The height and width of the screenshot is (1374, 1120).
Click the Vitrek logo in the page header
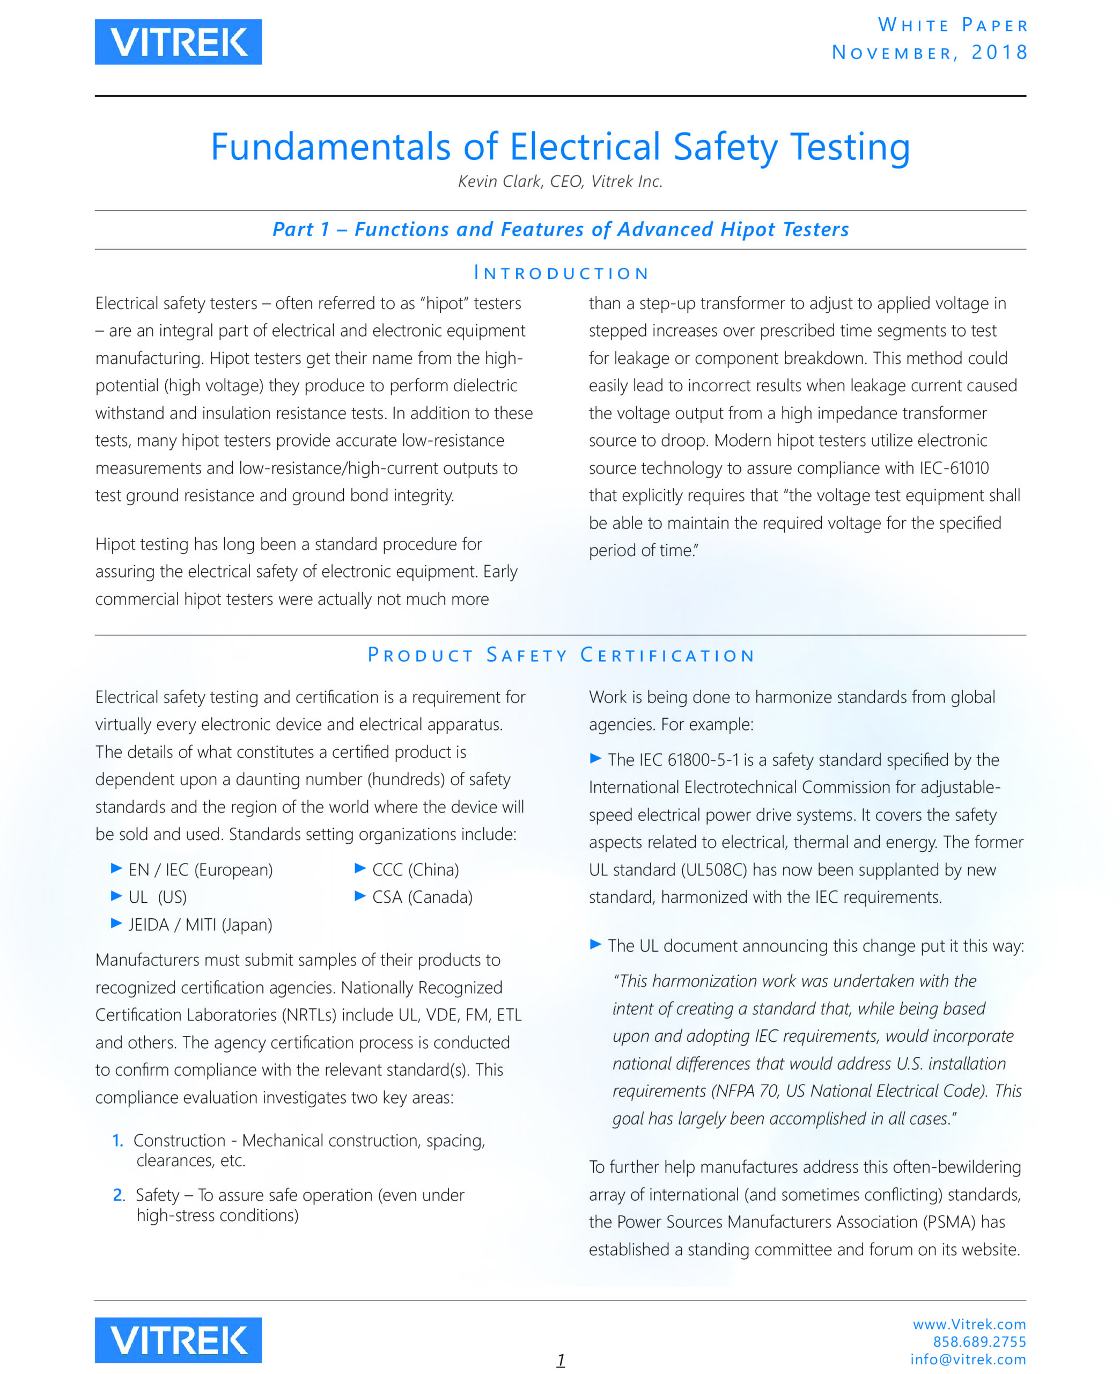178,42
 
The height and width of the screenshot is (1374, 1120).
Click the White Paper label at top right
952,25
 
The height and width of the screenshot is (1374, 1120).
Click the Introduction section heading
560,273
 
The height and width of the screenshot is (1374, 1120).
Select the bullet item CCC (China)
415,870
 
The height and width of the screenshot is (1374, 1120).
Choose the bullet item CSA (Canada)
422,897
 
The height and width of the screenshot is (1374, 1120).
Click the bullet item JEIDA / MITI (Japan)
200,925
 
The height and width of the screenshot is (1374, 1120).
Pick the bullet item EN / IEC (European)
200,870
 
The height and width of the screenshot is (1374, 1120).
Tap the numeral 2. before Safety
119,1195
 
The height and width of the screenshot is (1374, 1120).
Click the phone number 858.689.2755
979,1342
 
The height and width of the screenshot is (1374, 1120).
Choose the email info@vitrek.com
967,1359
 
